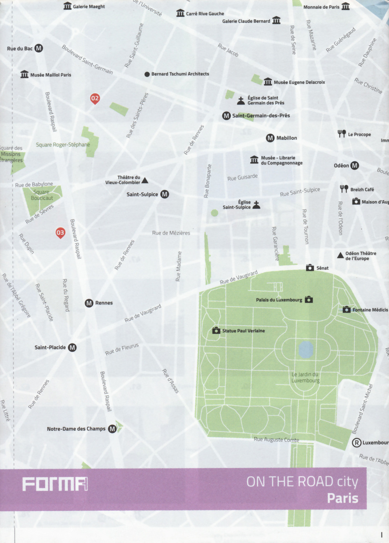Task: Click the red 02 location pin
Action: pyautogui.click(x=95, y=98)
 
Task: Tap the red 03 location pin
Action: pyautogui.click(x=60, y=233)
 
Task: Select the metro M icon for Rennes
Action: pyautogui.click(x=89, y=303)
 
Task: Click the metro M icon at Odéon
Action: pyautogui.click(x=354, y=166)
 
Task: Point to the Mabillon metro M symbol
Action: pyautogui.click(x=270, y=138)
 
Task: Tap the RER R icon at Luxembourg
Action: pyautogui.click(x=356, y=443)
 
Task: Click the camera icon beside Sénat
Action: pyautogui.click(x=310, y=268)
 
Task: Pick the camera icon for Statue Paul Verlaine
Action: pyautogui.click(x=216, y=331)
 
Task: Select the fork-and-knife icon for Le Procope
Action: pyautogui.click(x=342, y=134)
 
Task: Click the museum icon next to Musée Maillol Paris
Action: pyautogui.click(x=25, y=74)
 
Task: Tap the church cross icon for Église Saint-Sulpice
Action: pyautogui.click(x=256, y=205)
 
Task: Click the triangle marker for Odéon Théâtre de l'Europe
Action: pyautogui.click(x=340, y=256)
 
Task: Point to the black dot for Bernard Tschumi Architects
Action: pyautogui.click(x=147, y=74)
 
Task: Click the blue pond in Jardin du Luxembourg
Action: pyautogui.click(x=306, y=349)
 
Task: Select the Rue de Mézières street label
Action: pyautogui.click(x=171, y=233)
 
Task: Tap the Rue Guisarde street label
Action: pyautogui.click(x=242, y=177)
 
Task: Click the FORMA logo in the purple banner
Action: pyautogui.click(x=55, y=484)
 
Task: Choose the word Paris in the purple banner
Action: pyautogui.click(x=342, y=498)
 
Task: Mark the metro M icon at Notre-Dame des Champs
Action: pyautogui.click(x=112, y=429)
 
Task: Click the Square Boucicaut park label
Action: pyautogui.click(x=42, y=195)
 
